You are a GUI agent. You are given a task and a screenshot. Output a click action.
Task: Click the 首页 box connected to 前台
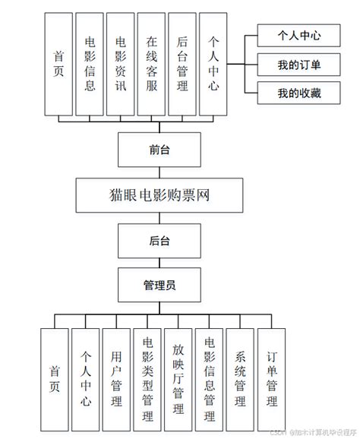58,65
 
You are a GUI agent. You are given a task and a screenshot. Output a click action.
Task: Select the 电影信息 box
90,65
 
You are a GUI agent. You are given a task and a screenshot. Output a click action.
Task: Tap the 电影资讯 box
121,65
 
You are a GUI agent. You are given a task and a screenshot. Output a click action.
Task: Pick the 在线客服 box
152,65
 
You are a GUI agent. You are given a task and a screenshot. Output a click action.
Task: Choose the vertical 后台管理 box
182,65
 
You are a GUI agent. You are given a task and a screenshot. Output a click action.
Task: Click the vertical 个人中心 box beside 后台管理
213,65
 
